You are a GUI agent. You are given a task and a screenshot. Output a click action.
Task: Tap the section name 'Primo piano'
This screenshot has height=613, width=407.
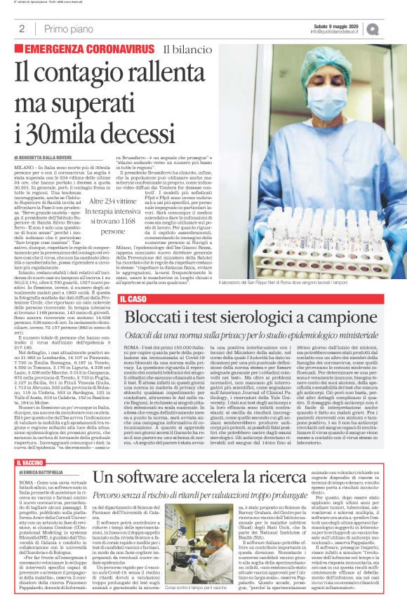(68, 29)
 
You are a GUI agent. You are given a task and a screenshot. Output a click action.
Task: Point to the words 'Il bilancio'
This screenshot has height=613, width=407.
(185, 49)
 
